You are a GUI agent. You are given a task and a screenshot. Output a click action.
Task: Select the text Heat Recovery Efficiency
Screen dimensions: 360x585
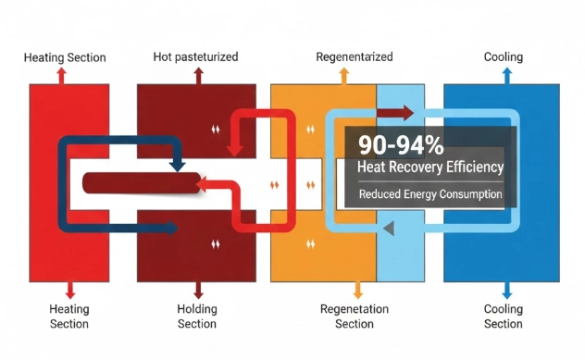click(x=429, y=168)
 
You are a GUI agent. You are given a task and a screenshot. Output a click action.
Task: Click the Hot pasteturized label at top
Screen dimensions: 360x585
click(x=195, y=57)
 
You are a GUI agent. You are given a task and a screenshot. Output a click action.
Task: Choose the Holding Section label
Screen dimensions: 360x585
click(x=196, y=316)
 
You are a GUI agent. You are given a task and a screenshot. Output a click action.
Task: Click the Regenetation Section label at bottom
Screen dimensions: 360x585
click(x=355, y=316)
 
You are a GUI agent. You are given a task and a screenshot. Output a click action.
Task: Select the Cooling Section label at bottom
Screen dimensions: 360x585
click(x=503, y=316)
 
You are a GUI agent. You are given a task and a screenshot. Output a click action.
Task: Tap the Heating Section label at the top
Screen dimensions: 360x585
click(x=65, y=57)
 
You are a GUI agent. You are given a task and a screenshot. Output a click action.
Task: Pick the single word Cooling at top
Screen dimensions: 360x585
click(x=503, y=57)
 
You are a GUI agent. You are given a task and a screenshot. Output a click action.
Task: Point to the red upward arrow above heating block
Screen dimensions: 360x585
click(x=61, y=75)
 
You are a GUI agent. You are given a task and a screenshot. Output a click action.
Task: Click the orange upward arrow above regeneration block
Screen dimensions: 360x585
click(x=344, y=75)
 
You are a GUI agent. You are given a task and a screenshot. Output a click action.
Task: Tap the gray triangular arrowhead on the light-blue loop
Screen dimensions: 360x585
click(x=390, y=227)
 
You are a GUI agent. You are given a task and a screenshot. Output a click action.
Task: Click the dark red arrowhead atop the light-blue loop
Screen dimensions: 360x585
click(x=407, y=115)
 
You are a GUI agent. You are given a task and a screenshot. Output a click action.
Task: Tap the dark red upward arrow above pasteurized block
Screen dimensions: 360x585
click(x=196, y=75)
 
